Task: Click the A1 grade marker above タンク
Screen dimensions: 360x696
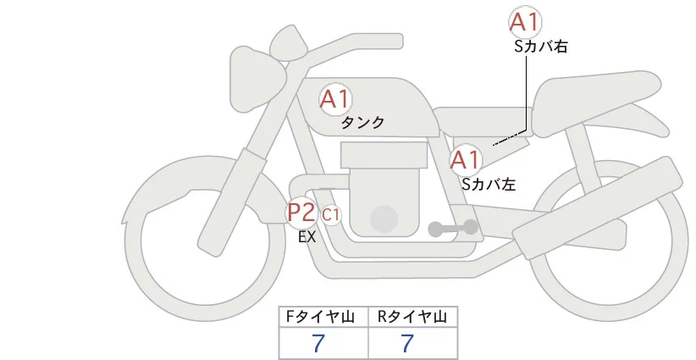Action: point(335,100)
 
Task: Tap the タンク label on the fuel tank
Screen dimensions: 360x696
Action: point(362,123)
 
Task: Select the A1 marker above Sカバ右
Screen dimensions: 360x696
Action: point(525,23)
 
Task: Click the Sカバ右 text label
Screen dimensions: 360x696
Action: point(541,47)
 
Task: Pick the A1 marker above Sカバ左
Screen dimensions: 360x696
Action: point(466,159)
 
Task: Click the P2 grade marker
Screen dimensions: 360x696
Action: point(301,212)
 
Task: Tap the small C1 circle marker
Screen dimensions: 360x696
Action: point(331,215)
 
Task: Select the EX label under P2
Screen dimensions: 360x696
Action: point(307,238)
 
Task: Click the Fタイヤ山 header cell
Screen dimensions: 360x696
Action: point(324,317)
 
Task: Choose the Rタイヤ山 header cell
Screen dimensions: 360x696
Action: point(412,317)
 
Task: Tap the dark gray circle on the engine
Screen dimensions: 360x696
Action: point(385,218)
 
